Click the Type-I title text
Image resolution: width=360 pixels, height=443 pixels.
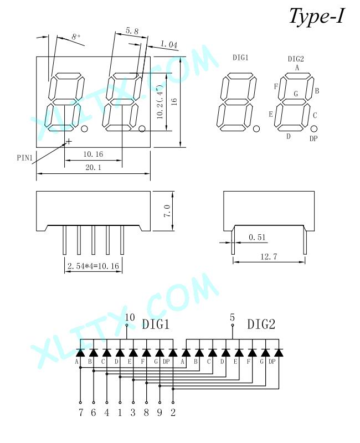pos(316,17)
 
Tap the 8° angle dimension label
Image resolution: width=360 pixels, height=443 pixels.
pos(75,37)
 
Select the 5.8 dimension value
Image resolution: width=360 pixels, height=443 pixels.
pos(132,31)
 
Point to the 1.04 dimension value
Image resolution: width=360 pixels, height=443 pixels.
pos(169,44)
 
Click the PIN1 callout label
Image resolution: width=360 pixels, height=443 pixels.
pos(25,157)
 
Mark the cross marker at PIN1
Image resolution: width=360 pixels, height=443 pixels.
pos(69,141)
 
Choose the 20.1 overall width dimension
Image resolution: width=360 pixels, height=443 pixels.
pos(93,167)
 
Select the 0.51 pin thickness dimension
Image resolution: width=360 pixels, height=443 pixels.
pos(257,237)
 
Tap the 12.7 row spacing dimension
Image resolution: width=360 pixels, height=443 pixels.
pos(269,256)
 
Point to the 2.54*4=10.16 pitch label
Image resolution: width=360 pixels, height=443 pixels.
pos(93,266)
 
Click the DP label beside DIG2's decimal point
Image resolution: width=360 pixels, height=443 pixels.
pos(313,138)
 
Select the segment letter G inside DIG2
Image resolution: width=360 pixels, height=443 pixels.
pos(296,94)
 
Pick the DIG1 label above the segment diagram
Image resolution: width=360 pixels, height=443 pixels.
pos(240,58)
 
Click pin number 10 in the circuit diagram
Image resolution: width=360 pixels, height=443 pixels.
pos(130,317)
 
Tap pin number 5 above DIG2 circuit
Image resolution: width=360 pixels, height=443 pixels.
pos(232,317)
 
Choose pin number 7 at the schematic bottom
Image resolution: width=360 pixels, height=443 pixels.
pos(81,413)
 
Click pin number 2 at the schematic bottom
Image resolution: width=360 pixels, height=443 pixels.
pos(173,413)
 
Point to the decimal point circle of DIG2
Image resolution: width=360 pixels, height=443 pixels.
pos(313,129)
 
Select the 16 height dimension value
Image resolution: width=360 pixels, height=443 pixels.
pos(174,102)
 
